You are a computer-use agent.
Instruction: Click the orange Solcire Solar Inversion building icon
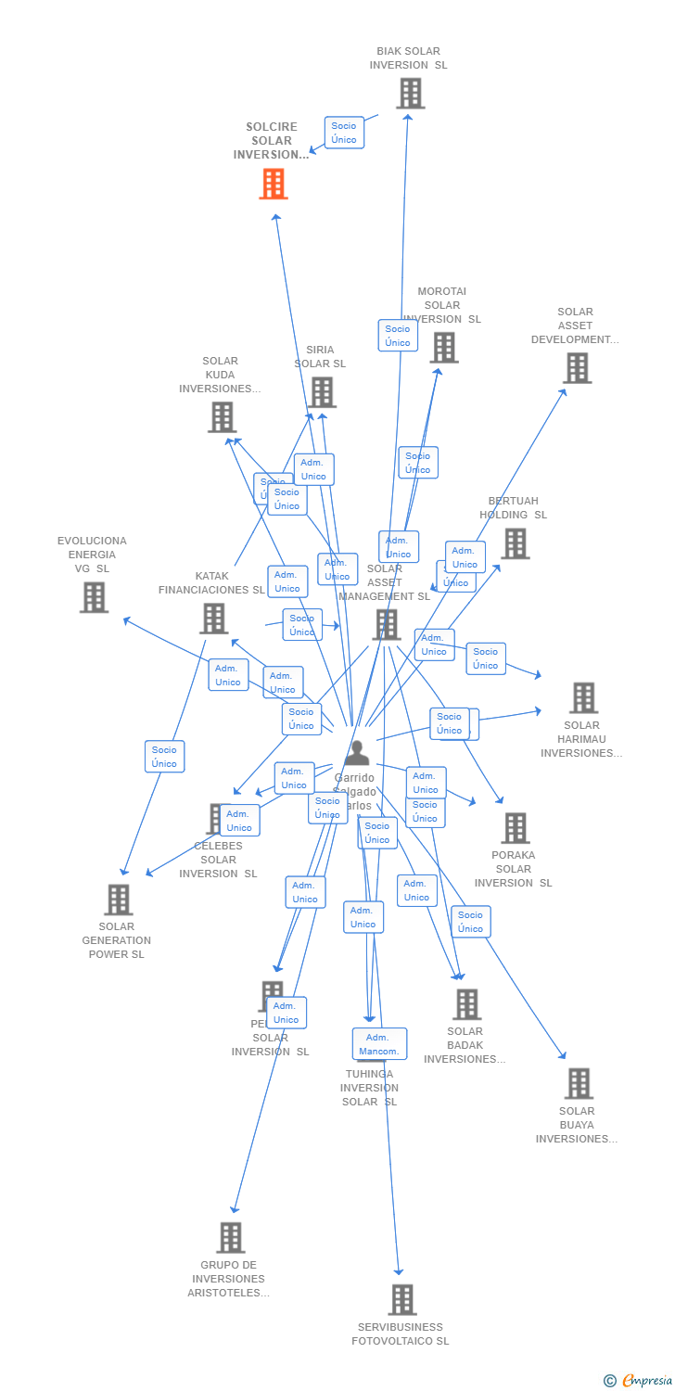click(273, 184)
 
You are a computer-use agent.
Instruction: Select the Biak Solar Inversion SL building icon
click(410, 94)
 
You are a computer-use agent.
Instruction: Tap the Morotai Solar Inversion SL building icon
click(444, 348)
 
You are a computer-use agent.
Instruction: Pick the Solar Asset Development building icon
click(577, 368)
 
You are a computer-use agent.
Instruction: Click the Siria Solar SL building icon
click(322, 392)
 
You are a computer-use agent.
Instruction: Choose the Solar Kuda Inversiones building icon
click(222, 417)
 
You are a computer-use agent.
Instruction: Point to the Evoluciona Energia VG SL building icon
click(94, 597)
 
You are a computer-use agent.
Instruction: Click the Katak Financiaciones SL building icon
click(213, 619)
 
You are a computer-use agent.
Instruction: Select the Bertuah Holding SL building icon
click(515, 543)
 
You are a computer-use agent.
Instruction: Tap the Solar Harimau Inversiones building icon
click(583, 697)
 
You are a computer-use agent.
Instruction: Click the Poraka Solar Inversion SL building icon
click(515, 828)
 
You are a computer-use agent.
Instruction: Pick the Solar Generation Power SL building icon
click(118, 900)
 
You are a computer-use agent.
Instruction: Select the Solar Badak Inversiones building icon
click(466, 1004)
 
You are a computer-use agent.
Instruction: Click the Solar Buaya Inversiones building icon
click(579, 1083)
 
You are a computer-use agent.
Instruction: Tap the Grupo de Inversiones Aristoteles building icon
click(231, 1237)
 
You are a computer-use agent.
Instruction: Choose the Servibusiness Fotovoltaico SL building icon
click(401, 1299)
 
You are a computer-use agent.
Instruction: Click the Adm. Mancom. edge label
click(379, 1044)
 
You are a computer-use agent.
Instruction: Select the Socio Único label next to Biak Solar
click(344, 133)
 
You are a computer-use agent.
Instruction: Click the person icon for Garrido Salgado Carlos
click(357, 753)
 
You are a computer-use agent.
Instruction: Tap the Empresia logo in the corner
click(639, 1381)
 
